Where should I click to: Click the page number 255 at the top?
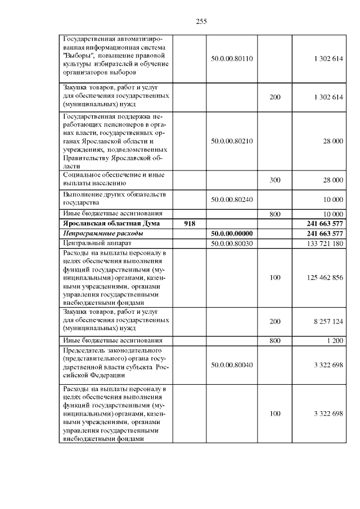(x=202, y=21)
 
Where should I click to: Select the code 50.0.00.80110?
(x=232, y=58)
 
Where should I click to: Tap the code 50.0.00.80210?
(x=232, y=141)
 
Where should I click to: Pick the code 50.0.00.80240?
(x=232, y=199)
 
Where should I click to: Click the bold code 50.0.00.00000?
(x=232, y=233)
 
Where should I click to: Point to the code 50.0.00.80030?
(x=232, y=243)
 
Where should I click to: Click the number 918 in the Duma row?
(x=190, y=223)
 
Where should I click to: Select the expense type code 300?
(x=274, y=179)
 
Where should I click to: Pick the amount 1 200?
(x=334, y=340)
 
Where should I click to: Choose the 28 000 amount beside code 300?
(x=332, y=179)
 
